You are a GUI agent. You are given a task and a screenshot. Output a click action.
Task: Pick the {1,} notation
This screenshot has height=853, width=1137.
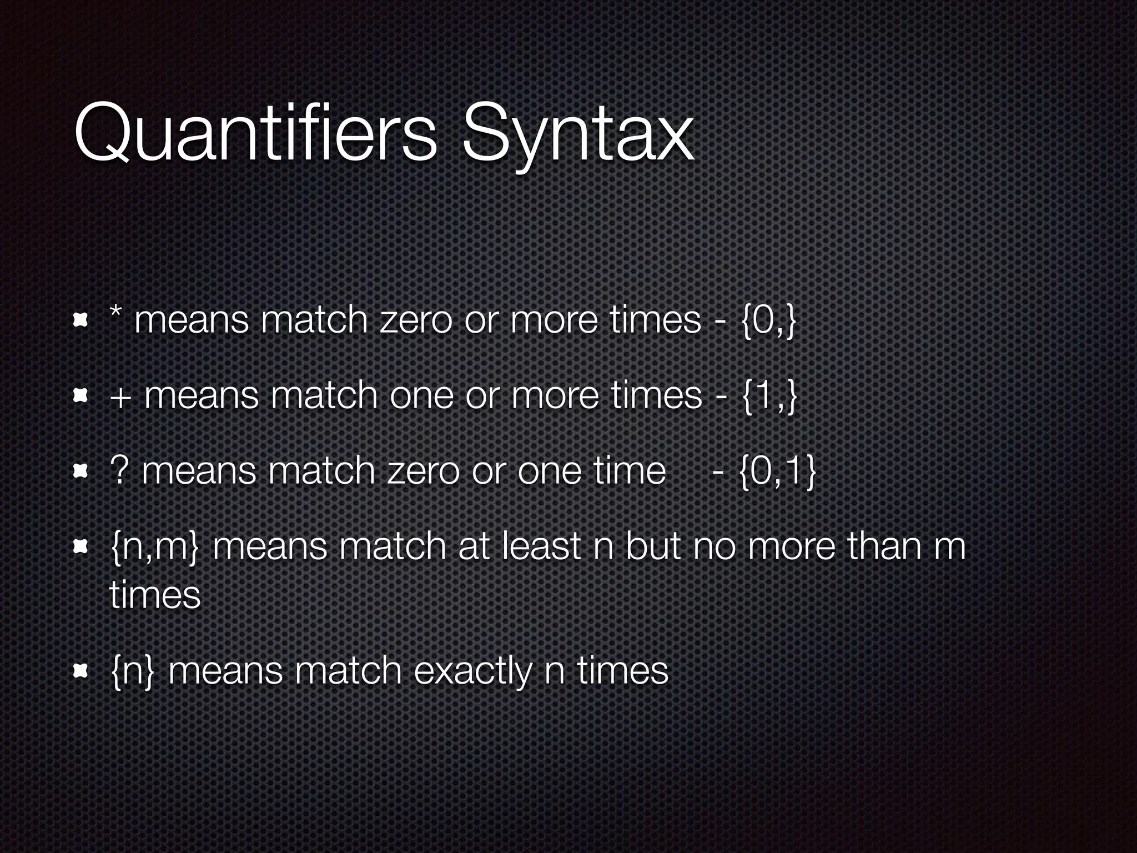point(768,397)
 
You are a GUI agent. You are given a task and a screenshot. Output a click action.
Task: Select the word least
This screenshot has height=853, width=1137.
point(542,546)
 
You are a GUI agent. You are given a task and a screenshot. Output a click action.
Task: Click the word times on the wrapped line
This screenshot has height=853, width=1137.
point(155,595)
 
